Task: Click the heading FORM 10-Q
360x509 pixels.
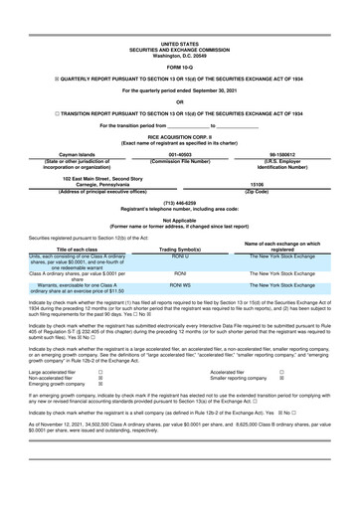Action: (180, 39)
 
